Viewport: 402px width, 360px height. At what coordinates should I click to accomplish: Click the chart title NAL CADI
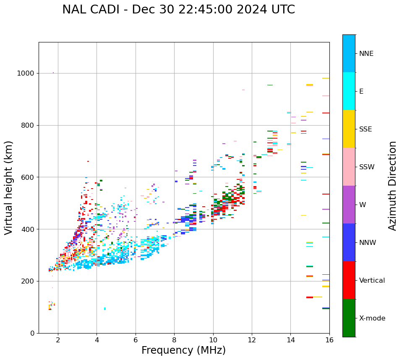click(178, 10)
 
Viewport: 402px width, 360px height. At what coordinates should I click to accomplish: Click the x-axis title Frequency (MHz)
click(183, 350)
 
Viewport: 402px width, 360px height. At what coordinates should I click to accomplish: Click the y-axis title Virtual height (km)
click(9, 188)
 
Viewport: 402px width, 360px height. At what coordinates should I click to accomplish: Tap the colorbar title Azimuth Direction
click(392, 186)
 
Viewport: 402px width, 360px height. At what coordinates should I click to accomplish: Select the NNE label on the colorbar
click(366, 54)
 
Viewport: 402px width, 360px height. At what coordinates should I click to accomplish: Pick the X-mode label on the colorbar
click(372, 318)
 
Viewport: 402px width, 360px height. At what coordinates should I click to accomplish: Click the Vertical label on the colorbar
click(372, 281)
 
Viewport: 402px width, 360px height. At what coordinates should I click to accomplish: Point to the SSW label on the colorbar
click(367, 167)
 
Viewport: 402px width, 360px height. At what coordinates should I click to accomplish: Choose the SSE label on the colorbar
click(365, 129)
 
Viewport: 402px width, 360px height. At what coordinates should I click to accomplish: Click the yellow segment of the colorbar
click(349, 129)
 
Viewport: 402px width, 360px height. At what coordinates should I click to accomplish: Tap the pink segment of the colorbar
click(349, 167)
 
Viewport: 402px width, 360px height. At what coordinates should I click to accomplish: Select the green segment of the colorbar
click(349, 318)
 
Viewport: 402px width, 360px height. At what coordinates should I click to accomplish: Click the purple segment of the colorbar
click(349, 205)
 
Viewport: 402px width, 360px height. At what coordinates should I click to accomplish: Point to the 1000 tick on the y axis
click(26, 74)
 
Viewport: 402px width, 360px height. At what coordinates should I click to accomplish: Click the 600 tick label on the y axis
click(28, 177)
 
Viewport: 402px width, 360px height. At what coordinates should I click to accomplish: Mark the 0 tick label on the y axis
click(32, 333)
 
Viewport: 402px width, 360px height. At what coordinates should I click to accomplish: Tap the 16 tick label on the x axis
click(329, 340)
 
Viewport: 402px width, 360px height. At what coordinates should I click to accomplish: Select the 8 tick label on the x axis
click(174, 340)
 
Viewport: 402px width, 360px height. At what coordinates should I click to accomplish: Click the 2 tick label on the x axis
click(58, 340)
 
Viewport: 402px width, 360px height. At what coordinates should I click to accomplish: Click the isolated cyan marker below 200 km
click(105, 309)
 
